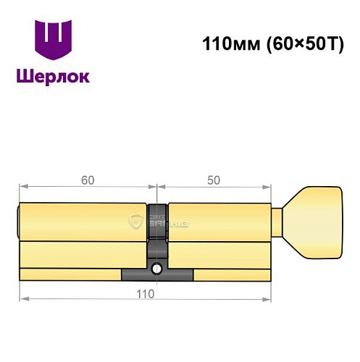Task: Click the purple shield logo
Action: click(54, 41)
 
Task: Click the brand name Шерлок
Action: click(54, 77)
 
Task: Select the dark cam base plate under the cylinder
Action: click(156, 275)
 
